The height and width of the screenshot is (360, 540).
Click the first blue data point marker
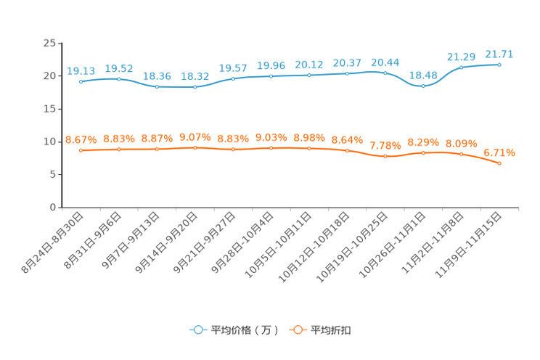[x=81, y=81]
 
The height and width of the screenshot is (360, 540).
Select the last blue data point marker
[x=499, y=65]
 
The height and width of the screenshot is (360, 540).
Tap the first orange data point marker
[x=81, y=151]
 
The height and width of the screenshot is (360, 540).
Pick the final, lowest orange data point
[x=499, y=163]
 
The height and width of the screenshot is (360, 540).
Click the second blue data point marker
[x=119, y=78]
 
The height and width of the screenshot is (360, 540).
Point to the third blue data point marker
[x=157, y=86]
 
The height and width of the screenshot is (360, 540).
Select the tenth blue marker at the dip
[x=423, y=86]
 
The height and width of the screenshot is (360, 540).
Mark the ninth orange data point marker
[x=385, y=156]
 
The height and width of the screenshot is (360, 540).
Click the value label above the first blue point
[x=81, y=70]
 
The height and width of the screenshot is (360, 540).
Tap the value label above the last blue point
[x=499, y=54]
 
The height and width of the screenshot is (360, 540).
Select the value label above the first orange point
[x=81, y=139]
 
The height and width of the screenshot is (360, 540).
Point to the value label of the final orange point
[x=499, y=152]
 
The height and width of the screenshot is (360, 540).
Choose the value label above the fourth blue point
[x=195, y=75]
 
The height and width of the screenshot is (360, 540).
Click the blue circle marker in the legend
[x=197, y=330]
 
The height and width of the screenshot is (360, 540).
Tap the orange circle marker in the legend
[x=297, y=330]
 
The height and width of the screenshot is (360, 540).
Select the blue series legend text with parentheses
[x=245, y=330]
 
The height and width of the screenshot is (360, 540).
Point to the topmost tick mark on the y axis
[x=59, y=43]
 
